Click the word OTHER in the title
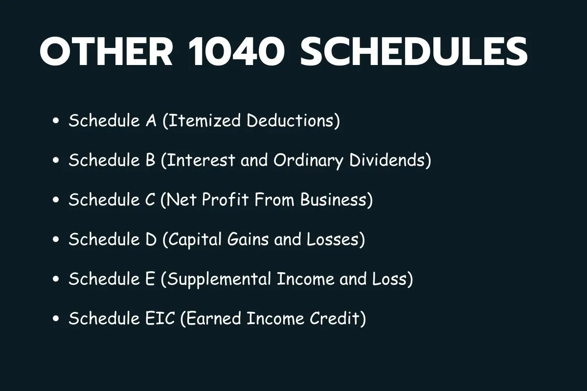click(x=106, y=52)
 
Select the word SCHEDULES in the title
click(x=414, y=52)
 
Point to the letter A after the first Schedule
click(x=151, y=120)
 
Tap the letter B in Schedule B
click(x=151, y=160)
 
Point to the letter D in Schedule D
click(x=151, y=239)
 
